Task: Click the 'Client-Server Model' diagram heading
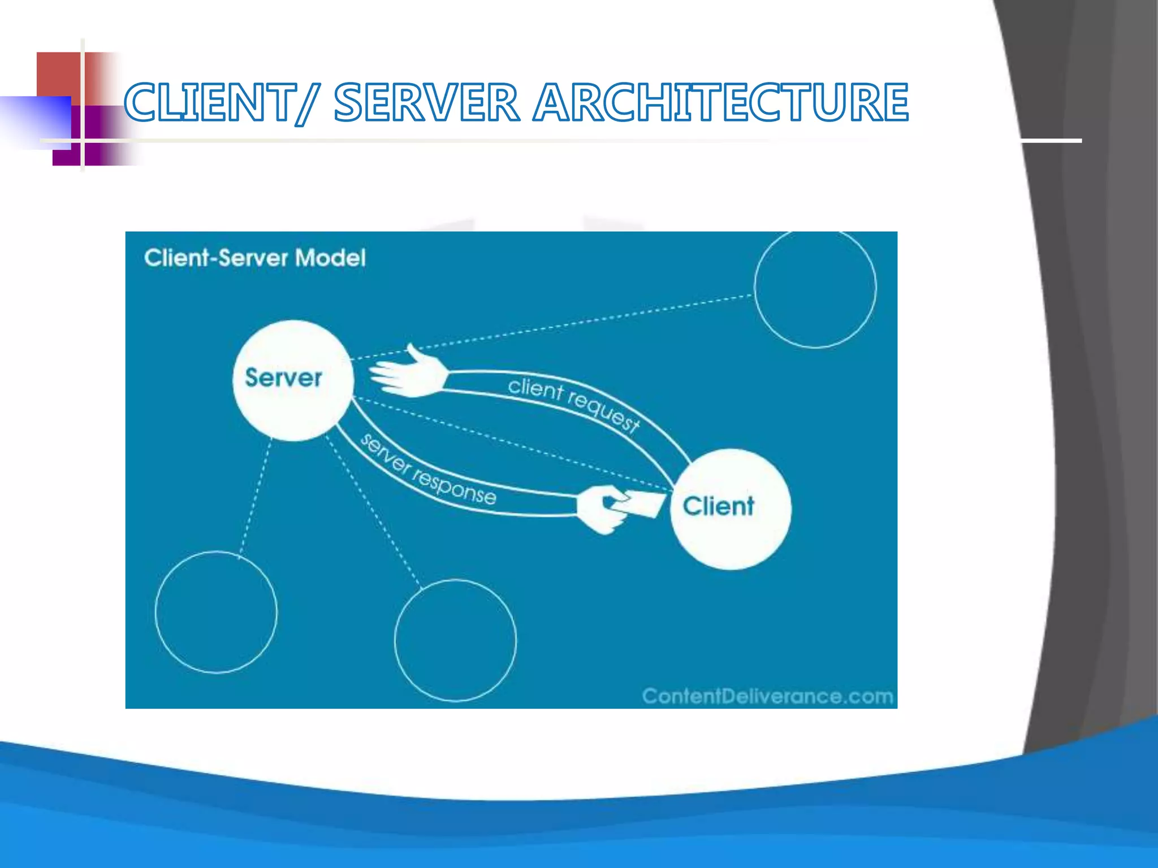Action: [x=254, y=258]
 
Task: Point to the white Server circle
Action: [x=292, y=380]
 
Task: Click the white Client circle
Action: [x=730, y=509]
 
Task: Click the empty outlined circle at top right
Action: [x=815, y=288]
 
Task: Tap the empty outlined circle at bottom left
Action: [x=216, y=612]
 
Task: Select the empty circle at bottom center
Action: [x=455, y=640]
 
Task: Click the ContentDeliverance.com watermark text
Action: [x=767, y=696]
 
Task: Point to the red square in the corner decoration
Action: [x=58, y=73]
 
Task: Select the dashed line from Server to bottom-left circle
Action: [x=255, y=497]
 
